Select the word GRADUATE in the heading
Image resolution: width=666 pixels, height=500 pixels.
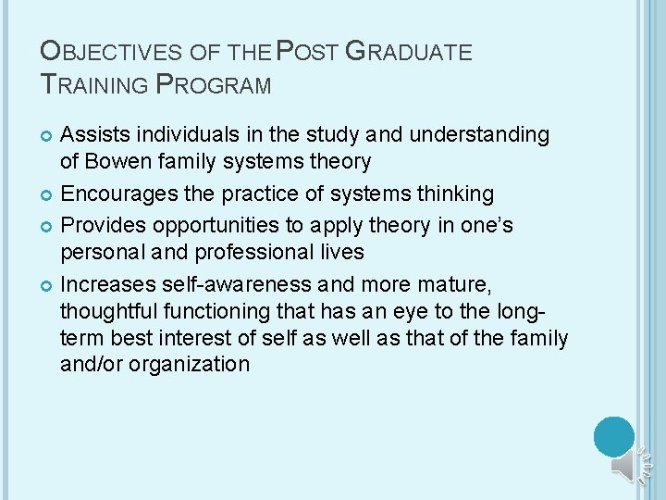coord(409,53)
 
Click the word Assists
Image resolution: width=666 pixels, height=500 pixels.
coord(92,135)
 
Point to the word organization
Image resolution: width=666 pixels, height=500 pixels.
coord(191,364)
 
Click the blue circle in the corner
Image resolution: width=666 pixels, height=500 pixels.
coord(614,436)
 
